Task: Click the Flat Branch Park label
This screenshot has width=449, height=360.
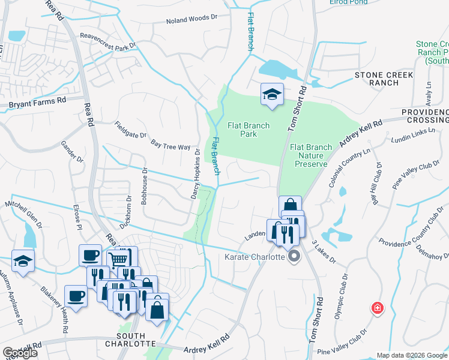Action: (x=249, y=130)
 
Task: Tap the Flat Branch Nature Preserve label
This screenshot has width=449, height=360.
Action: (x=310, y=155)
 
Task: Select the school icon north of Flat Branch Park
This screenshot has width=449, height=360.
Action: (x=272, y=95)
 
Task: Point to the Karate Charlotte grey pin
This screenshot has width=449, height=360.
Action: (x=294, y=257)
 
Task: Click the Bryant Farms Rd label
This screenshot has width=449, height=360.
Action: (x=37, y=103)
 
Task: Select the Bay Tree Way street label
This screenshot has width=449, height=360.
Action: (x=170, y=145)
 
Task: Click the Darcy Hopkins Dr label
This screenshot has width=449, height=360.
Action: (x=195, y=175)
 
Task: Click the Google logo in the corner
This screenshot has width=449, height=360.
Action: (x=20, y=353)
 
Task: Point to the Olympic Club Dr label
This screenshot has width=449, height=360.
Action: (x=339, y=297)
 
